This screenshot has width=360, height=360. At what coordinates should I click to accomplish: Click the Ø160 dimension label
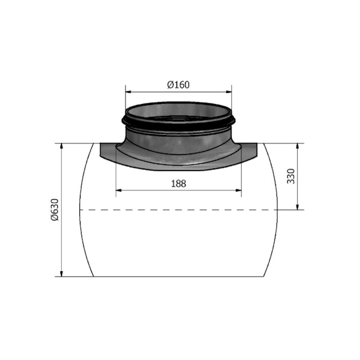[178, 85]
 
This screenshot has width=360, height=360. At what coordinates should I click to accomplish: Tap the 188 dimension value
[179, 184]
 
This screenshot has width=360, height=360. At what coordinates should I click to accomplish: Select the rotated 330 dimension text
[291, 176]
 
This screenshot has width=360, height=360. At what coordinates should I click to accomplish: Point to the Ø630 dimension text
[55, 210]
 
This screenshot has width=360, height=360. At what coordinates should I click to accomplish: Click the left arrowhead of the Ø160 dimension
[128, 92]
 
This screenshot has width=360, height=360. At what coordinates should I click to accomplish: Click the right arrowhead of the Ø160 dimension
[229, 92]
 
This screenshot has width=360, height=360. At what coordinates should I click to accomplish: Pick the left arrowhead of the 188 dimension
[118, 190]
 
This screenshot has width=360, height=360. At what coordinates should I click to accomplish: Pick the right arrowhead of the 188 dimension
[239, 190]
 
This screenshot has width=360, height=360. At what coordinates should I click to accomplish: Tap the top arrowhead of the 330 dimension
[297, 146]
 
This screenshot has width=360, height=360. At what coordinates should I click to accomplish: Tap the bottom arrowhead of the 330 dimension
[297, 207]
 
